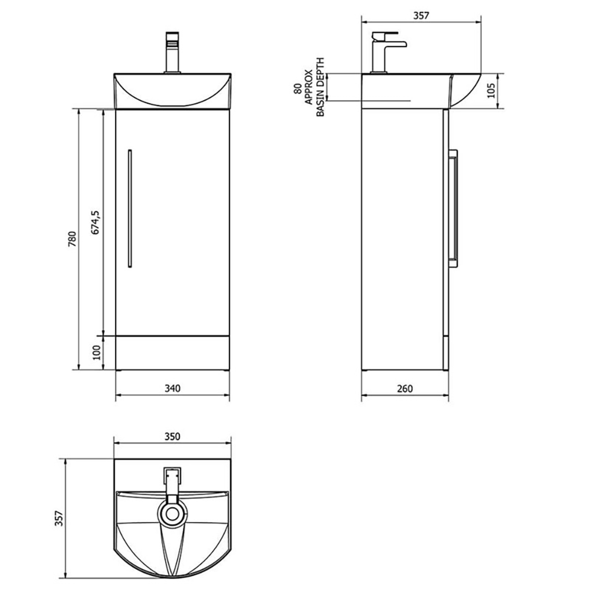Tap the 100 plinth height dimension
[97, 352]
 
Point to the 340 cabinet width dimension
[172, 388]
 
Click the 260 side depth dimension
[405, 388]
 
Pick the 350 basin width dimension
[172, 437]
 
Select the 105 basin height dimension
[491, 91]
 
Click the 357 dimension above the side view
[421, 16]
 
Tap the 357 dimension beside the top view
[57, 518]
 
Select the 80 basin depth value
[297, 88]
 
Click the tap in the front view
[172, 53]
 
